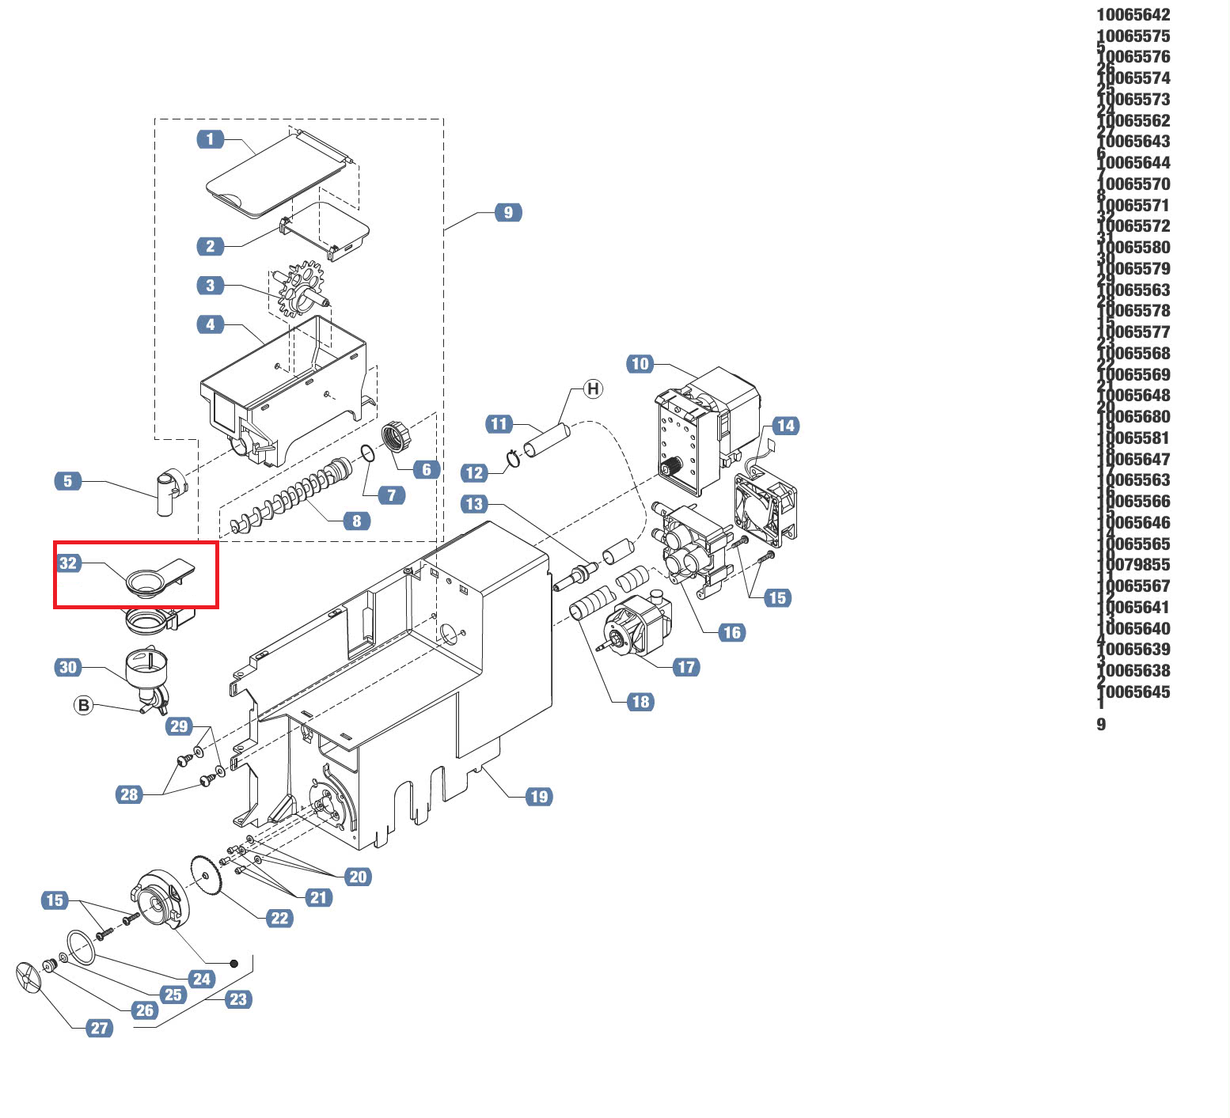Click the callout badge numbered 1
210,139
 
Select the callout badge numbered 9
508,212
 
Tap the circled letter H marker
593,388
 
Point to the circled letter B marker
83,705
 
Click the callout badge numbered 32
69,563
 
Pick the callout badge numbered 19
539,796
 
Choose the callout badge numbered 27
99,1028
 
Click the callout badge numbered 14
785,426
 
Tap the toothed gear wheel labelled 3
302,290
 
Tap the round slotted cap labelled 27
28,980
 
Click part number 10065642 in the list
1133,15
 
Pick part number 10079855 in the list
1133,565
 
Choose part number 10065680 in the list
1133,417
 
